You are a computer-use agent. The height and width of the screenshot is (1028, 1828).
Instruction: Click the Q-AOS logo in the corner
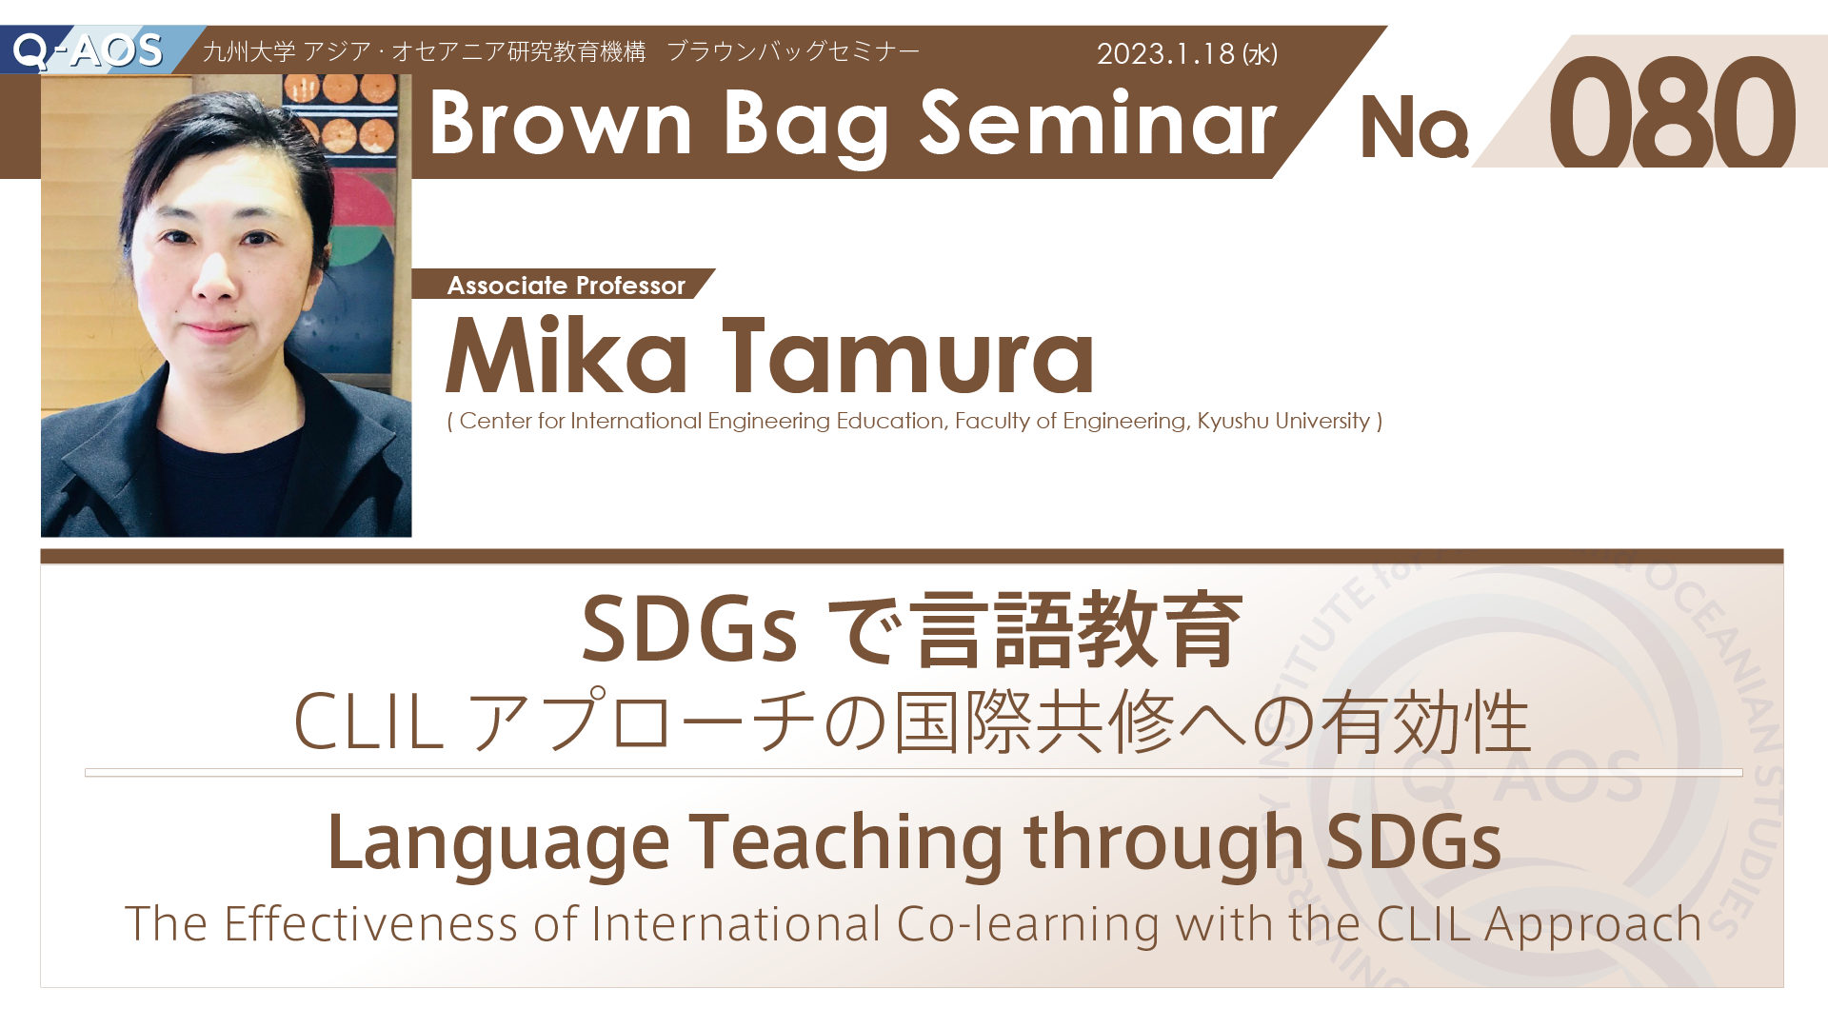[88, 50]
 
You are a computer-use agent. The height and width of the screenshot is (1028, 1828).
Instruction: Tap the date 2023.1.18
[1165, 53]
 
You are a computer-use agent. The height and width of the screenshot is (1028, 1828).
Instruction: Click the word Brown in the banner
[560, 123]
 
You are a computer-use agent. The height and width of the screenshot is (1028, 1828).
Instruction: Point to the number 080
[1672, 112]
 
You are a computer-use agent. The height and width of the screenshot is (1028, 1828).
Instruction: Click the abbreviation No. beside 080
[1415, 128]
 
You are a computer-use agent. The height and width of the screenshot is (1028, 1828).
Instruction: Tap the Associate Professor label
[566, 286]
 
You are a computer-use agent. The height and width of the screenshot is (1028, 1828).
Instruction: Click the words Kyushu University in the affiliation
[1283, 421]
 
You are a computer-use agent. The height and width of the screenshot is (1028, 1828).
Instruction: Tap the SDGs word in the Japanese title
[688, 629]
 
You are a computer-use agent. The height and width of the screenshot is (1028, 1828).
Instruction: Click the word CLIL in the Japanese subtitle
[368, 722]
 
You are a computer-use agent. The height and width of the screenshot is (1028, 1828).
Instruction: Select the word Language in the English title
[499, 844]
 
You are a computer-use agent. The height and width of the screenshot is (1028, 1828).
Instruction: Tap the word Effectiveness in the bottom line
[370, 923]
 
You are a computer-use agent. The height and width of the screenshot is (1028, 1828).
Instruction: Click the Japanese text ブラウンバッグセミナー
[793, 51]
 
